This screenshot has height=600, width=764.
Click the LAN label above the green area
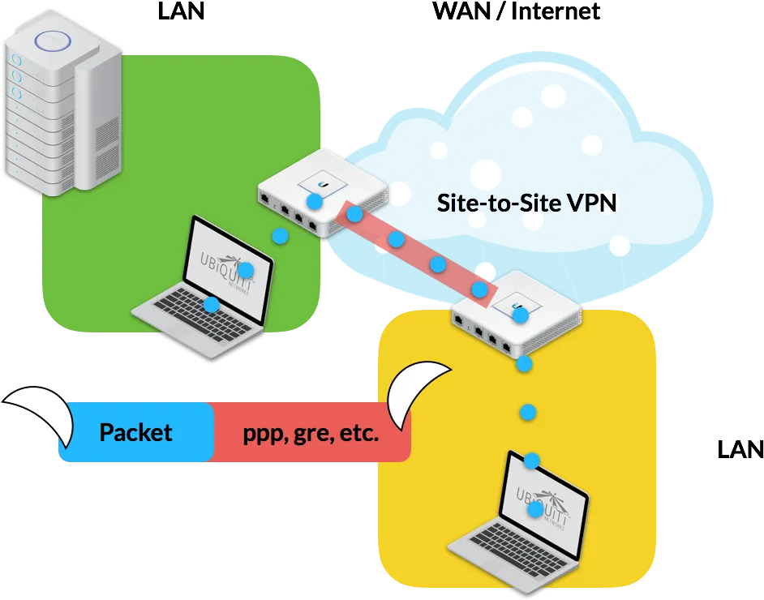point(181,11)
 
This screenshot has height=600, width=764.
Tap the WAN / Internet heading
point(516,11)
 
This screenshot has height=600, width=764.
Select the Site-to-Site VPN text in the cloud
point(526,203)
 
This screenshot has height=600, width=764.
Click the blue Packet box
point(136,432)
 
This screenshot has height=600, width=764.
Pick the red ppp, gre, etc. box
point(311,432)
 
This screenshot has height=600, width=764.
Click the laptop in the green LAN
point(204,287)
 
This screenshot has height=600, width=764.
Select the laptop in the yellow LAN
point(519,524)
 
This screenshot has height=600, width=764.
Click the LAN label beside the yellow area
point(740,449)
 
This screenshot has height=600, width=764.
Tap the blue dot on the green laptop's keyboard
point(211,305)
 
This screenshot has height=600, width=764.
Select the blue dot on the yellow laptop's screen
point(535,509)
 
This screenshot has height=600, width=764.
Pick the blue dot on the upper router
point(314,201)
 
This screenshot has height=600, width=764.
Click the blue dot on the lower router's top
point(521,315)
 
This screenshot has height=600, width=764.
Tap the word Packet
point(136,432)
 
